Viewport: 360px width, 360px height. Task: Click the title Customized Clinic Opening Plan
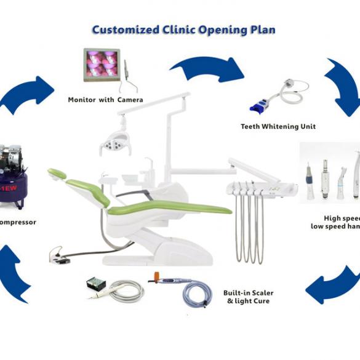click(183, 30)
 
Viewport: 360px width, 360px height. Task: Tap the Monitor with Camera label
click(105, 100)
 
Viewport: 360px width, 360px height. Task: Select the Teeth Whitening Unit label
click(278, 126)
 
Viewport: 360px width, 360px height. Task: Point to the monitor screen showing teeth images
click(102, 64)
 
